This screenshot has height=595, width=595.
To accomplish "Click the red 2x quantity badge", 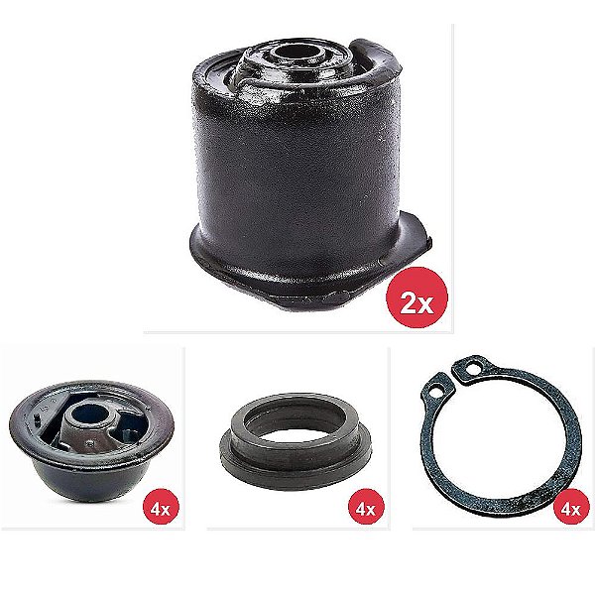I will [416, 302].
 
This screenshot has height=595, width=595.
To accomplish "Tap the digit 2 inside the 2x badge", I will [409, 303].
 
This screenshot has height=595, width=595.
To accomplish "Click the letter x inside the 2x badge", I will [426, 305].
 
